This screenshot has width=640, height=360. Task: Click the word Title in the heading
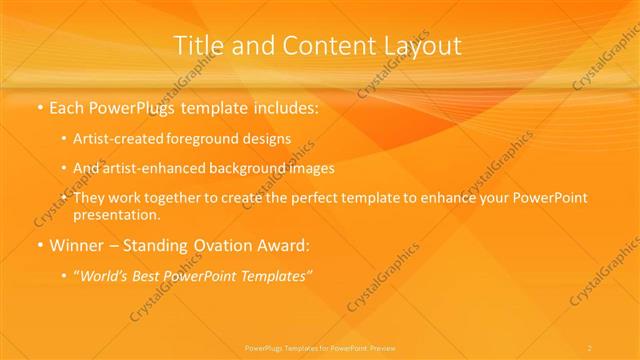click(x=196, y=46)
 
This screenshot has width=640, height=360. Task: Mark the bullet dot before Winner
click(x=39, y=244)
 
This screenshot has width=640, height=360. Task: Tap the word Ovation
click(x=216, y=244)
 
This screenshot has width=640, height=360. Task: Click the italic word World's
click(x=105, y=274)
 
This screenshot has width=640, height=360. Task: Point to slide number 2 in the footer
click(x=590, y=347)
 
